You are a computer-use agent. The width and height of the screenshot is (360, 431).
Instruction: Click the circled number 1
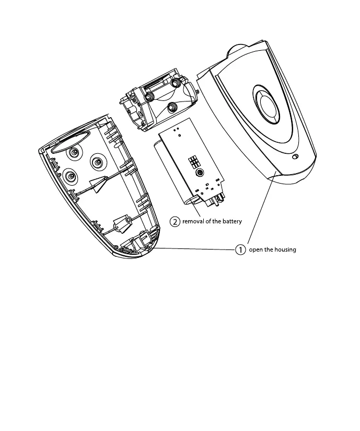(x=240, y=249)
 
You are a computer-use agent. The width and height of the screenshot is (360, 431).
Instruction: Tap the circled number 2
(x=175, y=221)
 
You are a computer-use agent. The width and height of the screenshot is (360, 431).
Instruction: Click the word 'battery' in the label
(x=230, y=222)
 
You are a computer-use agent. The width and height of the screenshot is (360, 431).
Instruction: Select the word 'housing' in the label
(x=284, y=250)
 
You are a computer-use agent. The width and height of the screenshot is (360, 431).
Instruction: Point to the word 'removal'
(x=194, y=222)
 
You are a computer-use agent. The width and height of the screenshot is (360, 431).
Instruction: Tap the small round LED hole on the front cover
(x=295, y=157)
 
